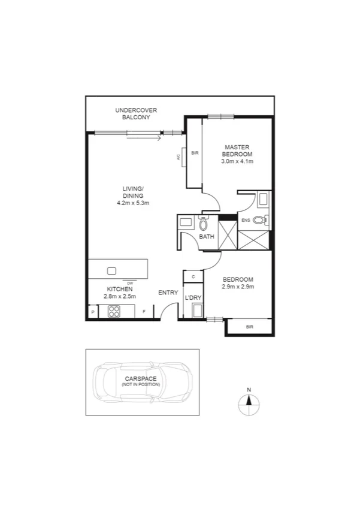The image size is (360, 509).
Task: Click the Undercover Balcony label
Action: tap(132, 114)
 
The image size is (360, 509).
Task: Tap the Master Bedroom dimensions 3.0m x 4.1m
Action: tap(238, 161)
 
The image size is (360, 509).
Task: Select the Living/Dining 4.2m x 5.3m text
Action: tap(132, 203)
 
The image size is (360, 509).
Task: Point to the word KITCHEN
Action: tap(120, 289)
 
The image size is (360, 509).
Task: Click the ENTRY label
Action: tap(168, 293)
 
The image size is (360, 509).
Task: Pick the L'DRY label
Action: tap(193, 298)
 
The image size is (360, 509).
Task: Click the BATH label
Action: tap(207, 237)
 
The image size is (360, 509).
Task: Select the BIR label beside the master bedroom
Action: tap(194, 153)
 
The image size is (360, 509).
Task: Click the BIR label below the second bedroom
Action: tap(249, 327)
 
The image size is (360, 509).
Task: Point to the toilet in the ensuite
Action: tap(259, 220)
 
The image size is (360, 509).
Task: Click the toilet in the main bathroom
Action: tap(203, 224)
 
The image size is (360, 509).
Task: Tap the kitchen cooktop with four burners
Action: tap(114, 311)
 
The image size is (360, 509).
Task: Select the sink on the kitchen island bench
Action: tap(111, 270)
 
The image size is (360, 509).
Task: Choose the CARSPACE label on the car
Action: tap(141, 379)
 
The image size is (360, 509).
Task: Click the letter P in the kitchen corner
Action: tap(93, 312)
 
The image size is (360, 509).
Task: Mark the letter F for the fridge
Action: tap(144, 312)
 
